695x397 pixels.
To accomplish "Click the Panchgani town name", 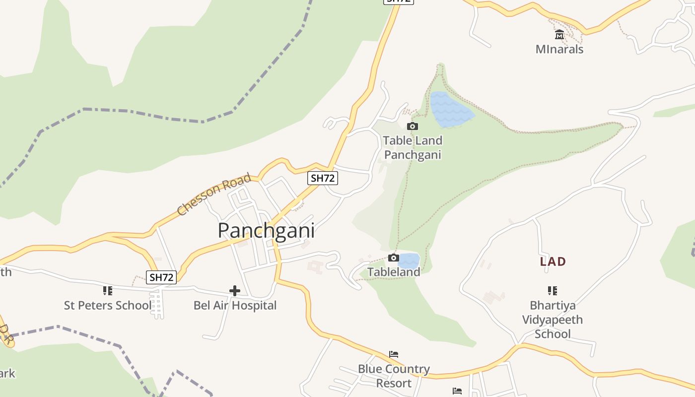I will pos(266,231).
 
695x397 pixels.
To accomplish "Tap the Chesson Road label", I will pos(214,194).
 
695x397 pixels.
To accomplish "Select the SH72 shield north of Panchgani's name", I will pos(323,178).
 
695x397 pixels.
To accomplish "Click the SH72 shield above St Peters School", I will pos(161,277).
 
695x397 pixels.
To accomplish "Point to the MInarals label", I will pos(559,49).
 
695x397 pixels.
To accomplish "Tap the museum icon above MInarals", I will pos(559,35).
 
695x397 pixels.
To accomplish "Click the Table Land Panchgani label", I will pos(412,147).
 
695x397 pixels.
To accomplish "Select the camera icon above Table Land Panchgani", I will pos(412,127).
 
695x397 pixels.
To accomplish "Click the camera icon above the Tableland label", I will pos(394,258).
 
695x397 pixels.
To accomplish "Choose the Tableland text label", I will pos(394,272).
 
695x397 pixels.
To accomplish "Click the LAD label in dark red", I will pos(553,262).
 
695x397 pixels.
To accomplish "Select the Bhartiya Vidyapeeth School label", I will pos(553,320).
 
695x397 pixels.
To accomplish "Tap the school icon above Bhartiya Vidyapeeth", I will pos(553,290).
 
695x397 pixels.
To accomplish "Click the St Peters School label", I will pos(107,305).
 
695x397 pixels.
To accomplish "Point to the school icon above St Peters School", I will pos(107,290).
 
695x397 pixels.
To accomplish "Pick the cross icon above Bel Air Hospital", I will pos(235,290).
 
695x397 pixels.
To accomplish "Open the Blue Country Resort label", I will pos(394,376).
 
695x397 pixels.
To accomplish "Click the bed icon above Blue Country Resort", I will pos(394,354).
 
